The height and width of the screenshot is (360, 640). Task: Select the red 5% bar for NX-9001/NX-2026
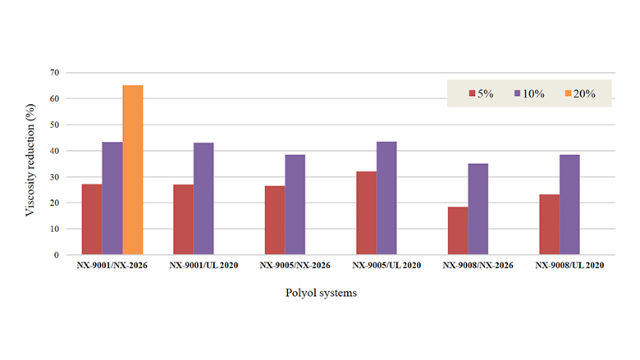[x=92, y=219]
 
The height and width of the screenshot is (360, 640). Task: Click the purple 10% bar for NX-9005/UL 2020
[x=386, y=198]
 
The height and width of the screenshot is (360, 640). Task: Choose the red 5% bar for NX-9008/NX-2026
[x=458, y=230]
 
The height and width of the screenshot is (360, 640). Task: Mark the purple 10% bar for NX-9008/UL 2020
[x=569, y=204]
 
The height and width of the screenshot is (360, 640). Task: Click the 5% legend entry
[x=481, y=93]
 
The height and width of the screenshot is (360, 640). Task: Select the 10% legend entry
[x=528, y=93]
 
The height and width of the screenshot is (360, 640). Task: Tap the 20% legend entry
[x=576, y=93]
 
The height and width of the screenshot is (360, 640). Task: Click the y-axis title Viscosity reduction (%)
[x=30, y=164]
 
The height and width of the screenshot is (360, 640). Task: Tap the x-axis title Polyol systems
[x=322, y=294]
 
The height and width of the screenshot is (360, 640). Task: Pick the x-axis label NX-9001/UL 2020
[x=203, y=266]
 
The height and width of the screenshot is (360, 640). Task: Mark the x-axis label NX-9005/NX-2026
[x=295, y=266]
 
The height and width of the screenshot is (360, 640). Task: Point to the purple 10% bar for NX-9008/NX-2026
[x=478, y=209]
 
